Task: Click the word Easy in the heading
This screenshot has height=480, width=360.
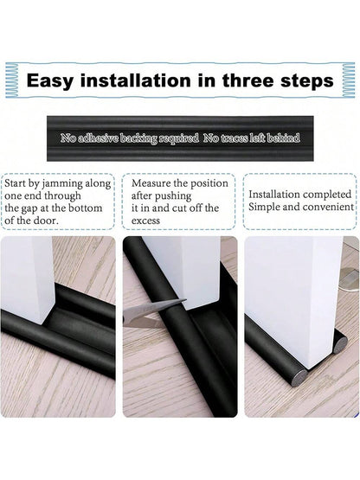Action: (x=50, y=81)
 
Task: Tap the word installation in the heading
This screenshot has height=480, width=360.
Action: (x=135, y=80)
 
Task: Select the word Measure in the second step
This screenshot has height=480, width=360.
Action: (x=151, y=183)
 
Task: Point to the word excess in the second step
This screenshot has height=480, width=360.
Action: (x=146, y=221)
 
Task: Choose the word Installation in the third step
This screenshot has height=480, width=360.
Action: (x=274, y=195)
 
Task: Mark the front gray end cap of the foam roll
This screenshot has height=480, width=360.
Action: (x=298, y=378)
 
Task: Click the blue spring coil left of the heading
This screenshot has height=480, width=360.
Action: (x=11, y=80)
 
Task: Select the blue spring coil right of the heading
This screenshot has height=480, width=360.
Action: (x=348, y=80)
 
